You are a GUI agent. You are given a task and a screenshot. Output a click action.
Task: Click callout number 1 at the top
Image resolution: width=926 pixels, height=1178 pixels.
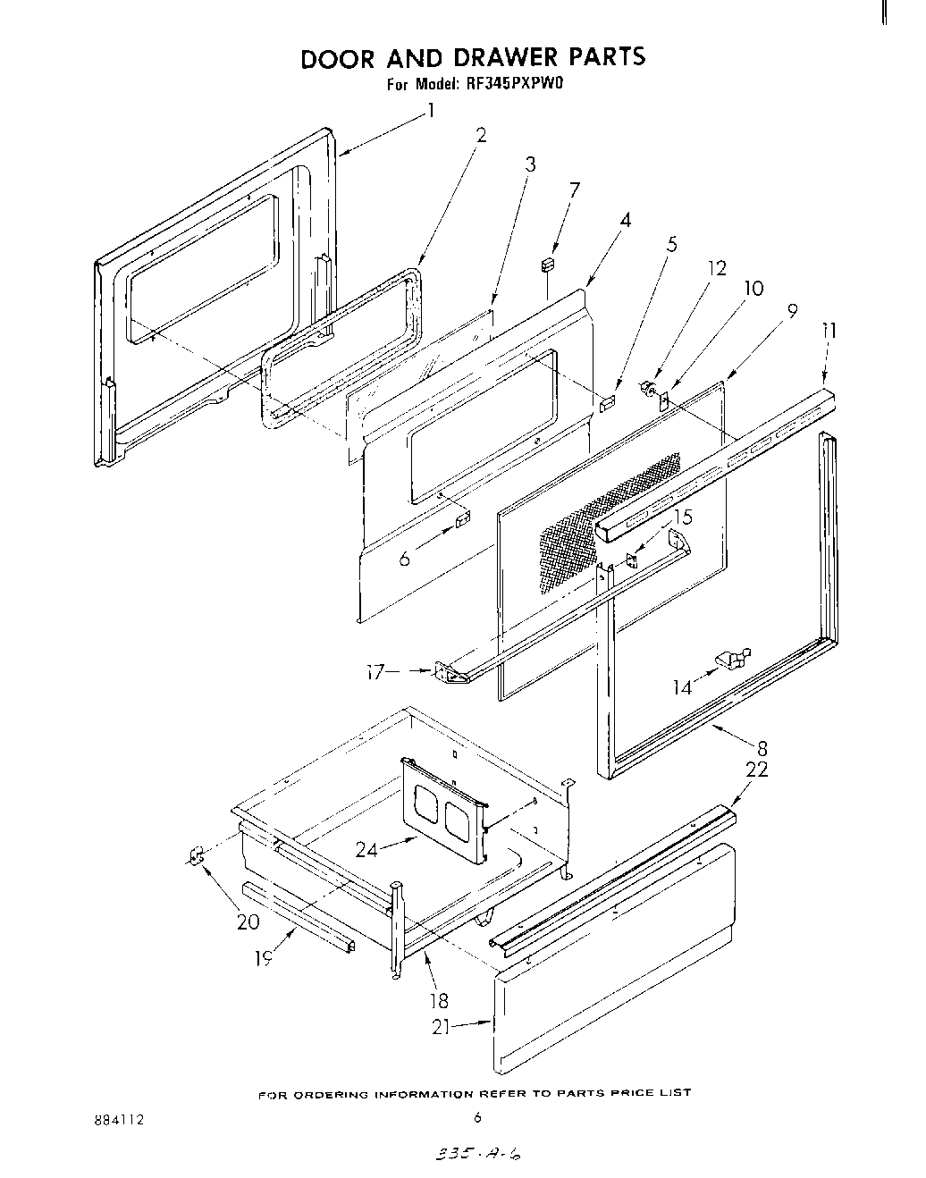pyautogui.click(x=431, y=111)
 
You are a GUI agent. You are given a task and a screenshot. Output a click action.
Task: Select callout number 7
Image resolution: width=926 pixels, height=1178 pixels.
pyautogui.click(x=574, y=189)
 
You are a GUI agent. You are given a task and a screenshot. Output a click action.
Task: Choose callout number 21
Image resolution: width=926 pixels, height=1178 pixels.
pyautogui.click(x=441, y=1028)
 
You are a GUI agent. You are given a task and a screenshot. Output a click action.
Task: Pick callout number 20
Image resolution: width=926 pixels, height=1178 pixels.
pyautogui.click(x=248, y=922)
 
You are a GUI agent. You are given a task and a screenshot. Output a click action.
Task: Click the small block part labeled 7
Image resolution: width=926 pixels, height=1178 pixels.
pyautogui.click(x=548, y=265)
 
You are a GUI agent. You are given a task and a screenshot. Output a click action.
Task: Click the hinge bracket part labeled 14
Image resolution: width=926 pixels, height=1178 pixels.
pyautogui.click(x=733, y=660)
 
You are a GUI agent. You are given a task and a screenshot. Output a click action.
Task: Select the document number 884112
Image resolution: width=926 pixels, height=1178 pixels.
pyautogui.click(x=119, y=1119)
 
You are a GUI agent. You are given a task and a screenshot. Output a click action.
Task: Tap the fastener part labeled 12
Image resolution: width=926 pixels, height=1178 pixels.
pyautogui.click(x=645, y=388)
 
